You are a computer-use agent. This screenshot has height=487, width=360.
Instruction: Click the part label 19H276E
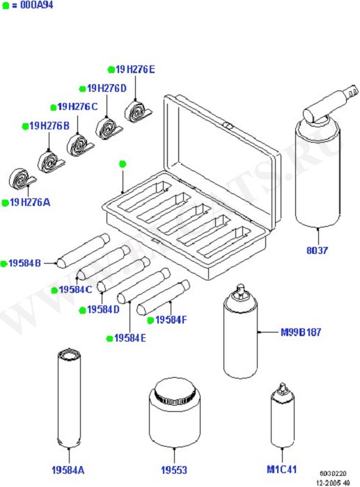[x=135, y=70]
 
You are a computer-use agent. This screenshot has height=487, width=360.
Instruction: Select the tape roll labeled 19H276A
[x=22, y=179]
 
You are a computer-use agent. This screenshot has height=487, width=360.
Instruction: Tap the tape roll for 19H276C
[x=80, y=145]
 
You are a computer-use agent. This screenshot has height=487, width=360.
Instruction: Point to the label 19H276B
[x=49, y=126]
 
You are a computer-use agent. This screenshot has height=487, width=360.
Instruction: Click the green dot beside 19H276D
[x=82, y=89]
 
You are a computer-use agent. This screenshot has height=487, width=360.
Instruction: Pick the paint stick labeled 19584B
[x=83, y=250]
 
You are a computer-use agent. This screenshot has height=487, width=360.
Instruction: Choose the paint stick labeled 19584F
[x=163, y=298]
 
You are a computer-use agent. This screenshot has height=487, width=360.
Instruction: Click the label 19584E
[x=130, y=338]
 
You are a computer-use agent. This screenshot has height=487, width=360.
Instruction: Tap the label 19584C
[x=75, y=289]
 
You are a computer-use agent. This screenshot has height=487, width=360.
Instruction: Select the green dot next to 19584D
[x=82, y=310]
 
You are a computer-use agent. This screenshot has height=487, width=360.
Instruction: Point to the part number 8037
[x=317, y=250]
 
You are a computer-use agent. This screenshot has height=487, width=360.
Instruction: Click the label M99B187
[x=301, y=333]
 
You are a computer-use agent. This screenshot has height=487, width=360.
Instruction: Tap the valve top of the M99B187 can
[x=240, y=291]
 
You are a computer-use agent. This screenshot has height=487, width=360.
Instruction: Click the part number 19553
[x=174, y=470]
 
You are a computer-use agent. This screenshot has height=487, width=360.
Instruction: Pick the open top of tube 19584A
[x=69, y=355]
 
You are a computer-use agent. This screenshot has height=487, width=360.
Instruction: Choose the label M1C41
[x=281, y=469]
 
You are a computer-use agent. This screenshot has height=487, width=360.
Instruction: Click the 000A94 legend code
[x=37, y=5]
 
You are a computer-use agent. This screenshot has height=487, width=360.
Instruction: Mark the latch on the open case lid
[x=228, y=126]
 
